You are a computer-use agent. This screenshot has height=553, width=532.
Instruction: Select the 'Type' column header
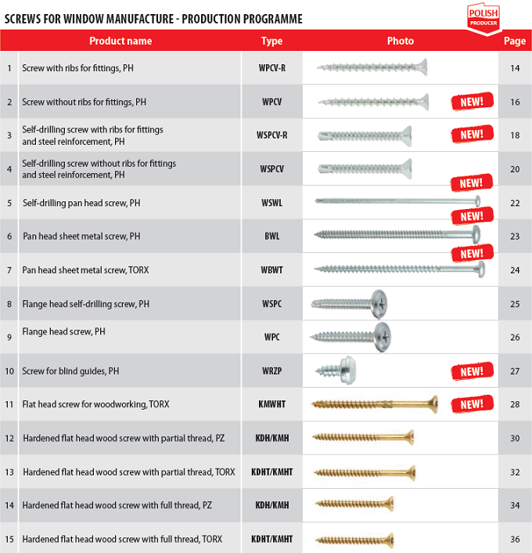[x=271, y=41]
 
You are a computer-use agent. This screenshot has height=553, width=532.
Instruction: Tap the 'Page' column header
[x=514, y=41]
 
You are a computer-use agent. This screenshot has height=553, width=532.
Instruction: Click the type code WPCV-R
[x=271, y=68]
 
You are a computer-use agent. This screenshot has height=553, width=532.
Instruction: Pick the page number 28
[x=514, y=404]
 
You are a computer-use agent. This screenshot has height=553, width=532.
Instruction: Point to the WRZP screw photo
[x=333, y=370]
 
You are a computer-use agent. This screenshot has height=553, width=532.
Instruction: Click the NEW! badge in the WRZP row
[x=472, y=370]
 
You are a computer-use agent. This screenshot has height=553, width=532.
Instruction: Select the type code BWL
[x=271, y=236]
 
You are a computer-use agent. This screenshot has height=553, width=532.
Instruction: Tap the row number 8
[x=9, y=303]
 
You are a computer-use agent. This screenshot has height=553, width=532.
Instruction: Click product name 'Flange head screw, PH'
[x=64, y=332]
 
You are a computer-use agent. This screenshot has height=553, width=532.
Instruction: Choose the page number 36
[x=514, y=539]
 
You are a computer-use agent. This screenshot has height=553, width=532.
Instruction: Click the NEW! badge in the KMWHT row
[x=472, y=404]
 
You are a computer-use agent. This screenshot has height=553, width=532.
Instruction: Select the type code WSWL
[x=271, y=203]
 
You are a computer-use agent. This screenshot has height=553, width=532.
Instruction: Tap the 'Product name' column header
[x=120, y=41]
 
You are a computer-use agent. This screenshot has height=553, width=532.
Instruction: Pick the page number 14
[x=514, y=68]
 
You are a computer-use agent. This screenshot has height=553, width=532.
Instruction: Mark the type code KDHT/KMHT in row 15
[x=271, y=539]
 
